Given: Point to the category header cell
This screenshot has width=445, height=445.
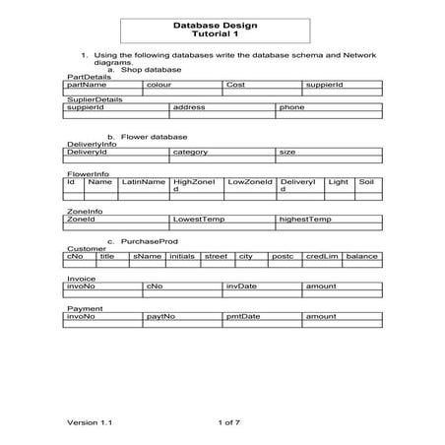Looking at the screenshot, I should point(190,153).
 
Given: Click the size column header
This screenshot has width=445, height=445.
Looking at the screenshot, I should point(287,153).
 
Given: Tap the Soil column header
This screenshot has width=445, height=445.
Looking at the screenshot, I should point(366,182).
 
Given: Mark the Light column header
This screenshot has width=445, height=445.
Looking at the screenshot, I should point(338,182).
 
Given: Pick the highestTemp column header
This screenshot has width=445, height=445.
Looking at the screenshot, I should point(305,219).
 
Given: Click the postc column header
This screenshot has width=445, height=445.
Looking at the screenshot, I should point(283,256).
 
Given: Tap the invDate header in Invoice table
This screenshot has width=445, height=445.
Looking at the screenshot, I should point(241,286).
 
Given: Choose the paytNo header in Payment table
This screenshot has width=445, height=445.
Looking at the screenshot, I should point(160,317).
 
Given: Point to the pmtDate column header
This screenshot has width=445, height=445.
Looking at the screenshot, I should point(243,317).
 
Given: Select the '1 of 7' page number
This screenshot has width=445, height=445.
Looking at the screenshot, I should point(228,421).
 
